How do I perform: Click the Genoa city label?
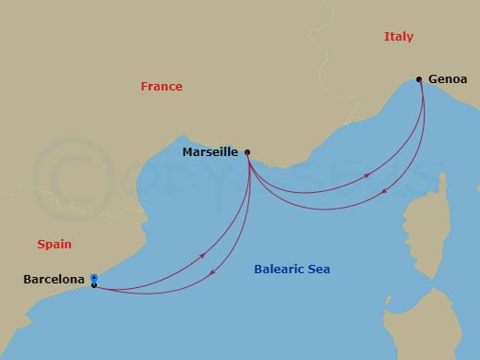[448, 79]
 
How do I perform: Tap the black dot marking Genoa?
[419, 79]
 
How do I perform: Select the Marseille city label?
[210, 152]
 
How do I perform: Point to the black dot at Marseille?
[247, 152]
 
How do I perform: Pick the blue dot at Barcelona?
[94, 277]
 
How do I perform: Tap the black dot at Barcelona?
[94, 285]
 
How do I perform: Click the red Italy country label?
[398, 37]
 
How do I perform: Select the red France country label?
[162, 87]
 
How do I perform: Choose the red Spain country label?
[54, 245]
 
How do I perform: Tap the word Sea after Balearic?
[319, 270]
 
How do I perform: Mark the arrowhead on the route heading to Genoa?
[367, 175]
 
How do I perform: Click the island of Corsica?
[458, 217]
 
